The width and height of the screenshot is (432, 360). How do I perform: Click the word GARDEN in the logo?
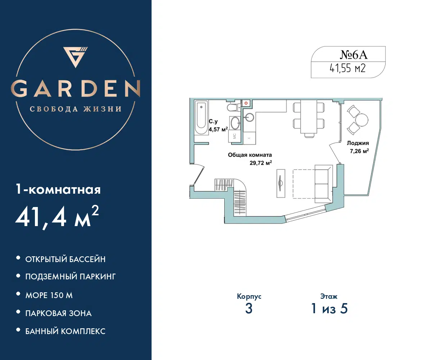(x=76, y=89)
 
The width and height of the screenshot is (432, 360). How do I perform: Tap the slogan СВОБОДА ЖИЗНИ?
(x=76, y=109)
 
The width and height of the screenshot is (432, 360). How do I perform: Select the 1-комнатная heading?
(x=58, y=189)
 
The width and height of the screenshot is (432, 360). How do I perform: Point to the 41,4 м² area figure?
(x=57, y=217)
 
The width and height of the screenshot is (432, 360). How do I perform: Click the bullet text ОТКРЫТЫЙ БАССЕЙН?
(x=66, y=259)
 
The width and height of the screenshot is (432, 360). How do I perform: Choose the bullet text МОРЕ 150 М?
(x=49, y=295)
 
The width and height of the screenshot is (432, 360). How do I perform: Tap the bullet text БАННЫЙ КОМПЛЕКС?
(x=66, y=331)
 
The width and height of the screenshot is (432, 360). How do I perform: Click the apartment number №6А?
(x=354, y=55)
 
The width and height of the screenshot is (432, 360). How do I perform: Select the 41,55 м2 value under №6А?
(x=348, y=68)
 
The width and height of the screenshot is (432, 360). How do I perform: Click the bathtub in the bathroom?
(x=201, y=117)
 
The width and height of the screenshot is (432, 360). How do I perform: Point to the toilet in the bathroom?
(x=234, y=107)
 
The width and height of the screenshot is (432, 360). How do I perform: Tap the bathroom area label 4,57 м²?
(x=218, y=130)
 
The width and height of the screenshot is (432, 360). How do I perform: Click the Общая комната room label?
(x=250, y=155)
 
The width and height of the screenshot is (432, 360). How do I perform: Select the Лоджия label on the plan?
(x=358, y=143)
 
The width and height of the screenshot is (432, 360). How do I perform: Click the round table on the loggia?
(x=362, y=120)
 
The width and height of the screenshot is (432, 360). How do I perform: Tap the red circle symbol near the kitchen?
(x=246, y=103)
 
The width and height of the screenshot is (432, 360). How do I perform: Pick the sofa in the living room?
(x=324, y=184)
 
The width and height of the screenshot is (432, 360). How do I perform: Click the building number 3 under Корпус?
(x=249, y=309)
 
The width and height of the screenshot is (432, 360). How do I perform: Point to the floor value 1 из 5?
(x=329, y=309)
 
